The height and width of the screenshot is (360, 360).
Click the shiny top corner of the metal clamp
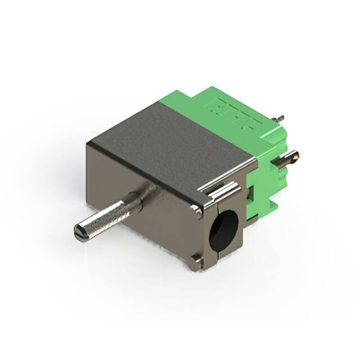click(x=196, y=210)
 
